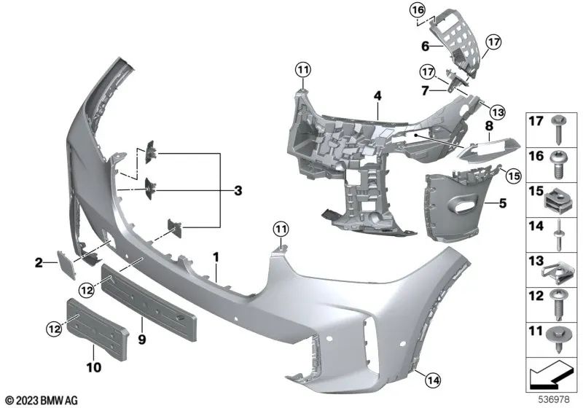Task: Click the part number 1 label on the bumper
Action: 215,257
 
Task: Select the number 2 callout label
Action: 39,259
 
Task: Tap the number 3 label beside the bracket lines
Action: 238,191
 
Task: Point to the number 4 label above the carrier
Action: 378,95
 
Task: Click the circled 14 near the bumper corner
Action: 434,378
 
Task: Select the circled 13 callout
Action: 496,111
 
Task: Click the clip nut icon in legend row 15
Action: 558,197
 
